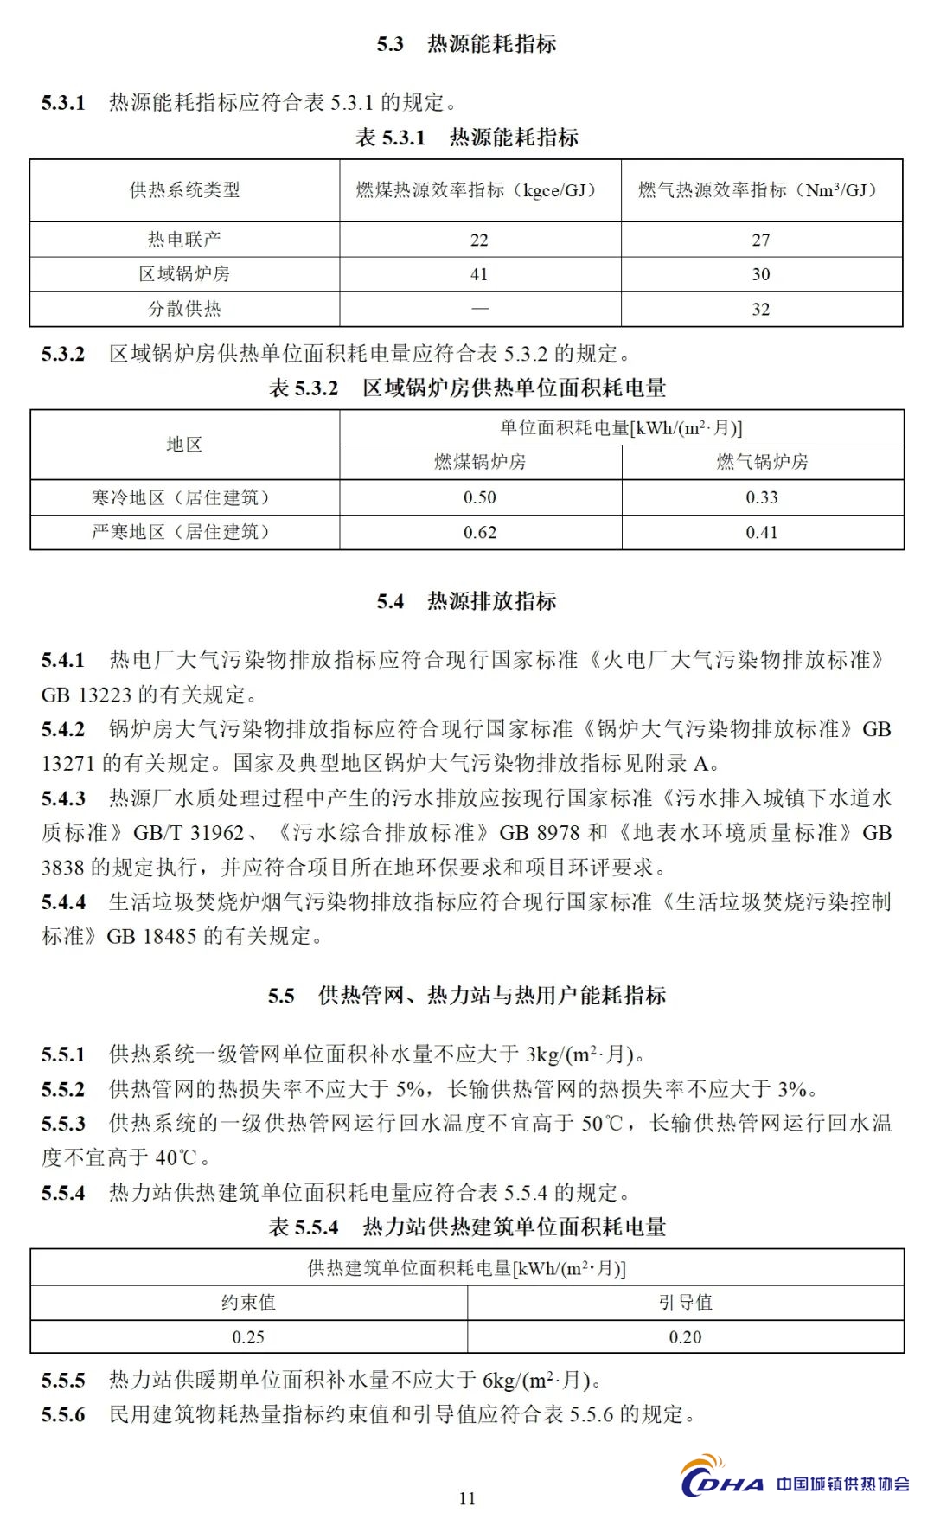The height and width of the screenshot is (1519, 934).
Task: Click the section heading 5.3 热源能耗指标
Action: pos(466,44)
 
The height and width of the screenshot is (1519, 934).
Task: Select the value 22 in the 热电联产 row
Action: pos(479,240)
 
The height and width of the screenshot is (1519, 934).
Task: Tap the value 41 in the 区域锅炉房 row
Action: pos(479,274)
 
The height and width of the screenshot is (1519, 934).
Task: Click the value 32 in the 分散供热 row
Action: pos(760,309)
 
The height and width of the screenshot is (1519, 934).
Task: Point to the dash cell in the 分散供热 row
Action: pos(479,309)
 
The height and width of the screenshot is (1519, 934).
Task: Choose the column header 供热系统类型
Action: pos(184,190)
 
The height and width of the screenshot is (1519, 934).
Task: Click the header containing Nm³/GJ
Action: pos(760,190)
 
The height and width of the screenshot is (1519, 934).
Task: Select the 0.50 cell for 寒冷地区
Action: pos(480,497)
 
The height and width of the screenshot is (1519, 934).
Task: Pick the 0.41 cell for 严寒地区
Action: pos(762,532)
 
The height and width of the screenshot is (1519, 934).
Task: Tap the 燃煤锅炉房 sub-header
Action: pos(480,462)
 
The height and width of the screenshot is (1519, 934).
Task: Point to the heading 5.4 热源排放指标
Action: pos(466,601)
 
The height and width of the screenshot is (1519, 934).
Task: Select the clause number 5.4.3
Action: pos(63,798)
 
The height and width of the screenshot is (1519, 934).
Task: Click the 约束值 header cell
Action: pos(248,1302)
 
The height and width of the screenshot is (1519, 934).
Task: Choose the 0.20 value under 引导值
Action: pos(685,1336)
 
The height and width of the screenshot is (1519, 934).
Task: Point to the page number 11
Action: pos(467,1498)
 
